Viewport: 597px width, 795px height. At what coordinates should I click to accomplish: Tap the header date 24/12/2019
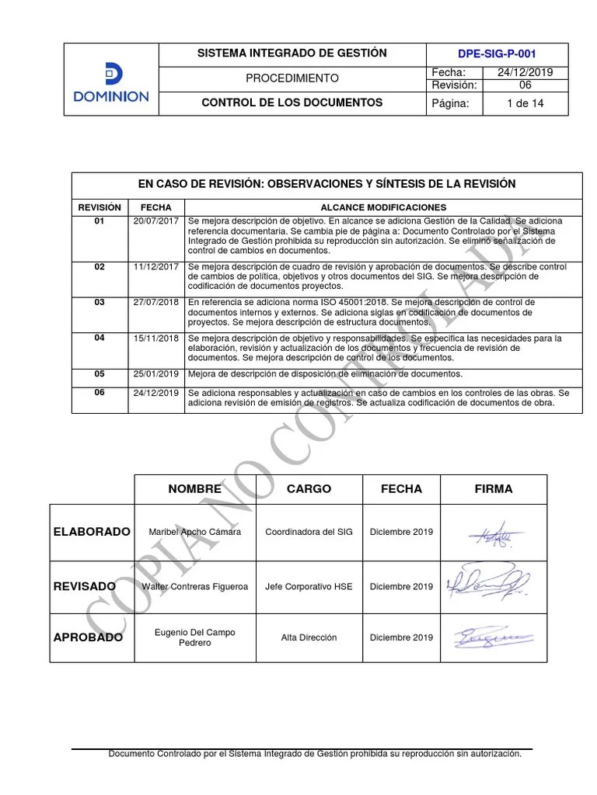525,72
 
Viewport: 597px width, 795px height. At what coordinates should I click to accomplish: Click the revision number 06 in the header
525,85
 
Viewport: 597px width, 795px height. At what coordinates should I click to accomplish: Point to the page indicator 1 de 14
525,103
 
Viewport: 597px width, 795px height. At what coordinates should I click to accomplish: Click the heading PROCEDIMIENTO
292,78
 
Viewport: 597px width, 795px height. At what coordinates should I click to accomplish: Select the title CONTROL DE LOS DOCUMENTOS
292,102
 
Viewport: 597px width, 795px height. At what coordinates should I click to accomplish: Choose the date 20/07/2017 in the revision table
155,221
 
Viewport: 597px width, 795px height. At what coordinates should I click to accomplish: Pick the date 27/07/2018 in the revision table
155,302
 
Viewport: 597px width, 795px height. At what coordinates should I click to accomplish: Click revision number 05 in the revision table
99,373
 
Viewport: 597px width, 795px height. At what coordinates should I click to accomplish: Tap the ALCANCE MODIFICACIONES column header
383,207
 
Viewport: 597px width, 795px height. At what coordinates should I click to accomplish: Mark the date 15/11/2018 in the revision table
155,338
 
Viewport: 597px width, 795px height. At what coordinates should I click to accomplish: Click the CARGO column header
309,489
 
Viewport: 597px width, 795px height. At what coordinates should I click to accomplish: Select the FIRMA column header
494,489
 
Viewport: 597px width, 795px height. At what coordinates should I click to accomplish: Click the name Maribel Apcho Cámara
194,532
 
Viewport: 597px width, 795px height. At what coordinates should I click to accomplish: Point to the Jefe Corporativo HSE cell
309,586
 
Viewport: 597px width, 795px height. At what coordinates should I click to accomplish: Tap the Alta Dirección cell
309,637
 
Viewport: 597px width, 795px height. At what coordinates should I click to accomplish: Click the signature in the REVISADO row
488,584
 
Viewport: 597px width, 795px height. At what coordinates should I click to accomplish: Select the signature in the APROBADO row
494,637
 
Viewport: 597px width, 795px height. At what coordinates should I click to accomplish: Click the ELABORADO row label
92,532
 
